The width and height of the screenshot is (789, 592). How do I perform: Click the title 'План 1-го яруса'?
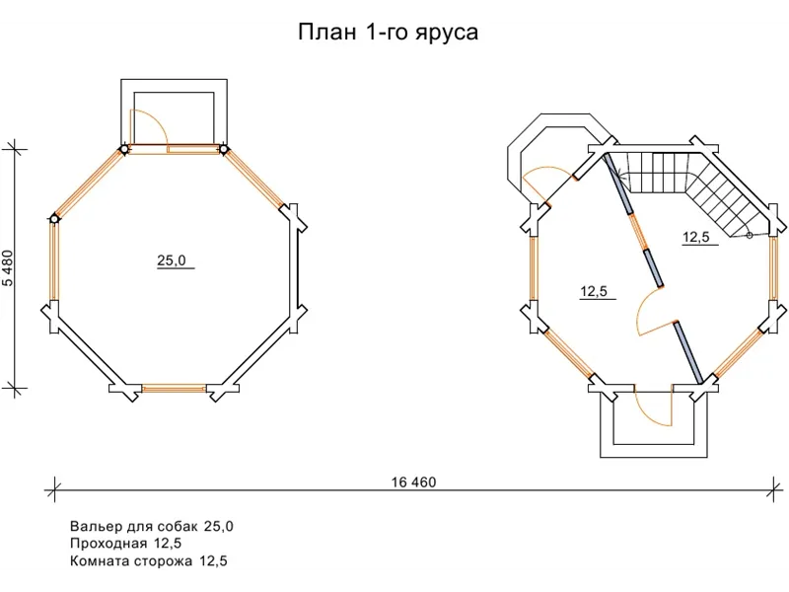point(388,33)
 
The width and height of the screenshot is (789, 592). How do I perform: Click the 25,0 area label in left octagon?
point(172,260)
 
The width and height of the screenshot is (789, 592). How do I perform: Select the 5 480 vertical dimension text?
point(9,268)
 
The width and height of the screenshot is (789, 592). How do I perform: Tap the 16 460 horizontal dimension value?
point(412,482)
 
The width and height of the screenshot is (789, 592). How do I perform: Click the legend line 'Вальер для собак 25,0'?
point(152,526)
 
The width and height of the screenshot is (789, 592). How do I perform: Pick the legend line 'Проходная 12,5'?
point(125,544)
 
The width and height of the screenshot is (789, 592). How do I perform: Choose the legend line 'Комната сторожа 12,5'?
point(149,561)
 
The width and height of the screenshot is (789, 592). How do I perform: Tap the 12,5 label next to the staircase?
point(696,237)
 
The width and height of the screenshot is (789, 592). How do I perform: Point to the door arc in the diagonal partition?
point(653,314)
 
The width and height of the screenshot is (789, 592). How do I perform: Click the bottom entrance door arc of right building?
point(651,407)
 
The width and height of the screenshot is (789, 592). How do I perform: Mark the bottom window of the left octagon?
point(174,388)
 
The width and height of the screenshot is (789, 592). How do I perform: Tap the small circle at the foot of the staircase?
point(749,235)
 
